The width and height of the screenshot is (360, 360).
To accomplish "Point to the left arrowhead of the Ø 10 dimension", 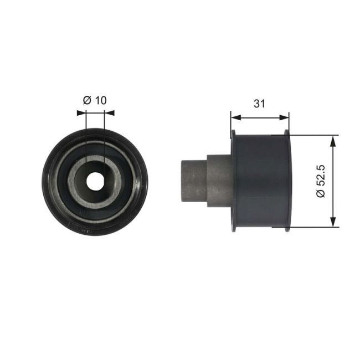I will pos(81,112).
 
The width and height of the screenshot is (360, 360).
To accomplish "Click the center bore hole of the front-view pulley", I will pos(95,179).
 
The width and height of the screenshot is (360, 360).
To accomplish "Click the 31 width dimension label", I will pos(259,103).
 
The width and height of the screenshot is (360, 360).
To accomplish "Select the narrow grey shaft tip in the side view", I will pos(193,180).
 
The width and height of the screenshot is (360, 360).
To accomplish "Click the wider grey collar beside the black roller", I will pos(218,180).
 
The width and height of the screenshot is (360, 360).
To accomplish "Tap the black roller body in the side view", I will pos(259,180).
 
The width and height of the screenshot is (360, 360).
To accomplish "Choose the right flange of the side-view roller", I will pos(286,180).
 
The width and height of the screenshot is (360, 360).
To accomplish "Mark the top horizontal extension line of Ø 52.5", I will pos(313,135).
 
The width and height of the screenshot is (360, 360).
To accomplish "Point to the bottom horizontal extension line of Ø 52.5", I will pos(313,227).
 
